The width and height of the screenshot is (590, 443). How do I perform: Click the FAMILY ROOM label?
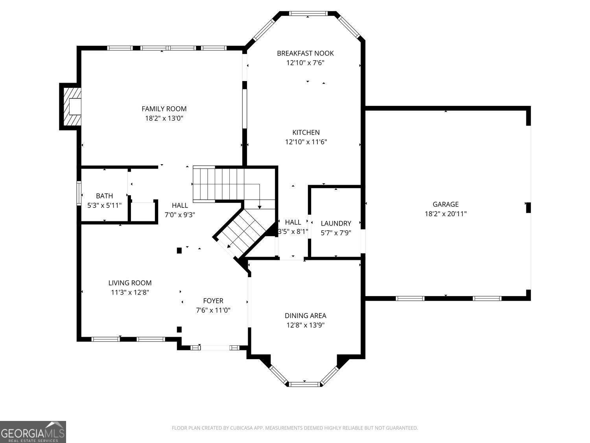pyautogui.click(x=164, y=109)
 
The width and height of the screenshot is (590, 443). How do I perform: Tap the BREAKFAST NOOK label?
pyautogui.click(x=305, y=53)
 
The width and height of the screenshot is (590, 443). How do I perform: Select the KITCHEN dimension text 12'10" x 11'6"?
pyautogui.click(x=306, y=142)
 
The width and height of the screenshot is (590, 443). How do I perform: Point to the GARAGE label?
pyautogui.click(x=446, y=204)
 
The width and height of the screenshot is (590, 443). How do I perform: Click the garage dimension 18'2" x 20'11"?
pyautogui.click(x=446, y=214)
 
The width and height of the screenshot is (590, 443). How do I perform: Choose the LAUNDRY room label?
pyautogui.click(x=336, y=223)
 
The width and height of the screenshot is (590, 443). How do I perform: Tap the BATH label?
pyautogui.click(x=104, y=196)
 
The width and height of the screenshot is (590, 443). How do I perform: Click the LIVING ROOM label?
pyautogui.click(x=130, y=283)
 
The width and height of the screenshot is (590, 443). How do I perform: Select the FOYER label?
pyautogui.click(x=213, y=301)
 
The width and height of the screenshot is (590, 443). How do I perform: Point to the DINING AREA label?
pyautogui.click(x=305, y=315)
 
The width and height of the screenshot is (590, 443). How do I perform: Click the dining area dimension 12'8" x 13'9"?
pyautogui.click(x=305, y=325)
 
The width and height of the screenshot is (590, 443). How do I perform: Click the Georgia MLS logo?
pyautogui.click(x=33, y=432)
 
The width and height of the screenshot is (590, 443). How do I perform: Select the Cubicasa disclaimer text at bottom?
pyautogui.click(x=295, y=428)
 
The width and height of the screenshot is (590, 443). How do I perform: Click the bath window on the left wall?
pyautogui.click(x=79, y=193)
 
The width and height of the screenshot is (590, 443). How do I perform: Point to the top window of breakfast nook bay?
pyautogui.click(x=308, y=14)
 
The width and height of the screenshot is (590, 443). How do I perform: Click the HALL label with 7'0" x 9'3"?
pyautogui.click(x=180, y=205)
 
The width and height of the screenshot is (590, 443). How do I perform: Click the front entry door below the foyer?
pyautogui.click(x=215, y=348)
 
